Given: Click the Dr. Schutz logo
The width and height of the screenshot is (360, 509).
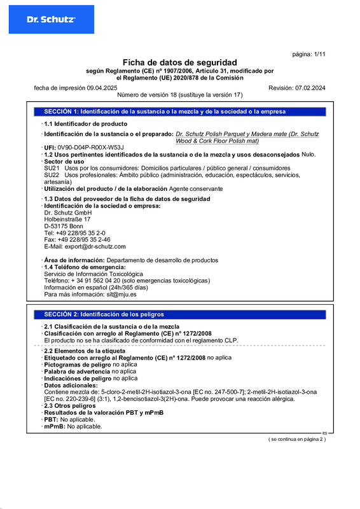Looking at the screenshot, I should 52,20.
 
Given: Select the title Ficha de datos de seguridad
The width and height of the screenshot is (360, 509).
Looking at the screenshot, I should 179,62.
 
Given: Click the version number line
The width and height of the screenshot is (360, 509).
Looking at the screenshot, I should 180,94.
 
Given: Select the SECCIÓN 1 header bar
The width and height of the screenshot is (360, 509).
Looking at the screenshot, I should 179,111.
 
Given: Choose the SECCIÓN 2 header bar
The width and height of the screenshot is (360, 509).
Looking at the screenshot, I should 179,314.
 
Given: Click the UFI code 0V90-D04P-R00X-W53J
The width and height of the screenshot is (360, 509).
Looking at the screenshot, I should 86,148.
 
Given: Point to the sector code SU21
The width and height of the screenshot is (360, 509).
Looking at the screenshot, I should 52,168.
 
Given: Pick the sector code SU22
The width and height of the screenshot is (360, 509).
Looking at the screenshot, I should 52,175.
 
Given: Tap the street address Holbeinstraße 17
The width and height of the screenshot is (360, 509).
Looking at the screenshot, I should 67,219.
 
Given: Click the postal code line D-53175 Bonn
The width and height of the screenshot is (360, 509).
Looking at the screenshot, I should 63,226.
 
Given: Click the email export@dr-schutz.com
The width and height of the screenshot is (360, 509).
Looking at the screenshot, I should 93,246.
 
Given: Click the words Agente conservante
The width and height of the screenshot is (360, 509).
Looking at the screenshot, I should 196,189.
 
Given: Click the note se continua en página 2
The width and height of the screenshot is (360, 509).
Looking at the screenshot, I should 296,440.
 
